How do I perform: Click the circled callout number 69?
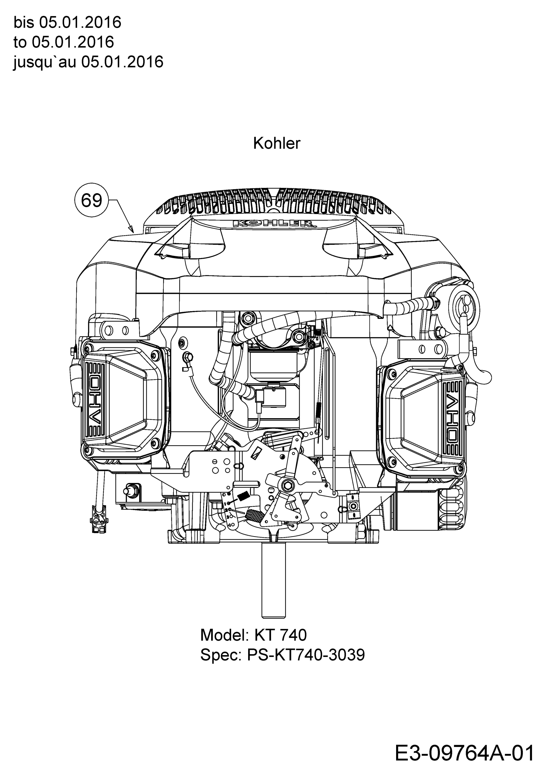click(92, 200)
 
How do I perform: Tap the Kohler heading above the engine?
click(277, 144)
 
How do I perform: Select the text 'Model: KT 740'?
click(253, 635)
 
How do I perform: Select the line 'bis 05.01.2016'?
click(67, 22)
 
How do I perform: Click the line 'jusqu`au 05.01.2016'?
click(88, 62)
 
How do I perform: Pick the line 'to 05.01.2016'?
click(64, 42)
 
